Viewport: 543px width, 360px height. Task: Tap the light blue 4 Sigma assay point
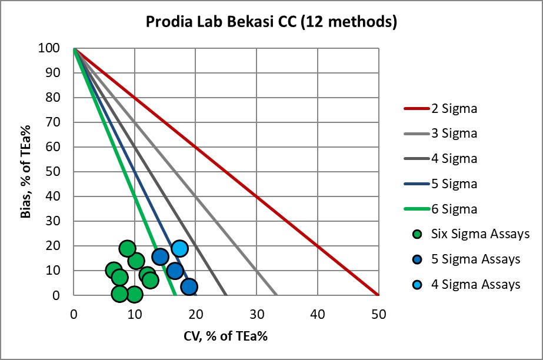tap(180, 248)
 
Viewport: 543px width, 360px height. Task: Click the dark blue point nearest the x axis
tap(189, 287)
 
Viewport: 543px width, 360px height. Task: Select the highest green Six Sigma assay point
tap(127, 248)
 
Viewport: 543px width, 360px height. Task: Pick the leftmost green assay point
tap(114, 271)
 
